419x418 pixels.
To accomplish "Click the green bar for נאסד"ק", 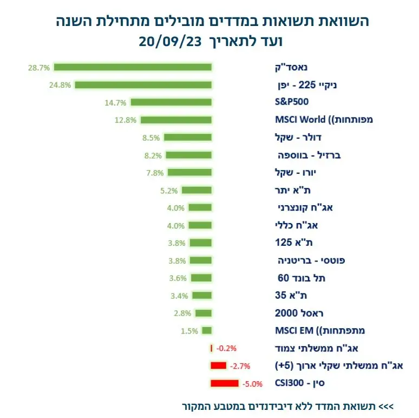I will coord(133,67).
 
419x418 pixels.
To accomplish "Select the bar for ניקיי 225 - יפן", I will coord(143,85).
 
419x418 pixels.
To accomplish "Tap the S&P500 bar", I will coord(171,102).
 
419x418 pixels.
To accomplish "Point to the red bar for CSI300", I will coord(224,384).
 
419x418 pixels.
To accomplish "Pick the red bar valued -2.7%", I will coord(218,366).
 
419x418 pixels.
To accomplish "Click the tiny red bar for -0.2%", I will coord(211,348).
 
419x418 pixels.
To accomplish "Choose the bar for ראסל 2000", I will coord(204,313).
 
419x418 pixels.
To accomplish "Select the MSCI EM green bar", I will coord(206,330).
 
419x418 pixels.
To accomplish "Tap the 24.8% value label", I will coord(61,85).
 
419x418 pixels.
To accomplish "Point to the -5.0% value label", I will coord(253,384).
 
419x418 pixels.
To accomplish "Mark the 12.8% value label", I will coord(125,120).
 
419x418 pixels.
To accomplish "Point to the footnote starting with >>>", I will coord(287,406).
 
